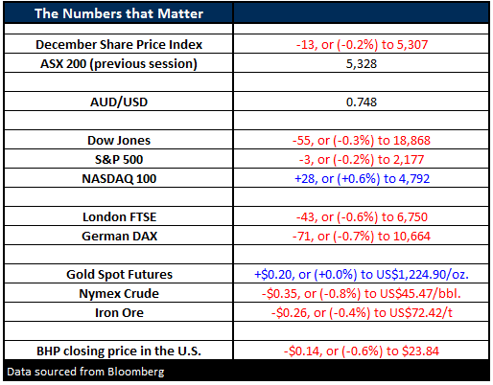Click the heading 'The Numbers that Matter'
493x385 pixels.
[119, 13]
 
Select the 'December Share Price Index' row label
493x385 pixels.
[119, 45]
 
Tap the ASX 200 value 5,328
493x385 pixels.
[362, 64]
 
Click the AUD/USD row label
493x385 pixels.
[119, 102]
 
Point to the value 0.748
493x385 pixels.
[362, 102]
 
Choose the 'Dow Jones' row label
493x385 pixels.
[119, 141]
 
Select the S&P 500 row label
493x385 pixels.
[119, 160]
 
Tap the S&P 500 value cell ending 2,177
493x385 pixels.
[362, 160]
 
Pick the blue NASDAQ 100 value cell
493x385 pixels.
[362, 179]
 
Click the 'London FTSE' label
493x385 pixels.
[119, 217]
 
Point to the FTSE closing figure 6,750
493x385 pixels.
[412, 217]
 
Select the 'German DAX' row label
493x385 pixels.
[119, 237]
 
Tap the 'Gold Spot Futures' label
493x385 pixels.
[119, 275]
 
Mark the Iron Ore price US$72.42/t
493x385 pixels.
[421, 313]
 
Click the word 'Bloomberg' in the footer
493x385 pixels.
[136, 372]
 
